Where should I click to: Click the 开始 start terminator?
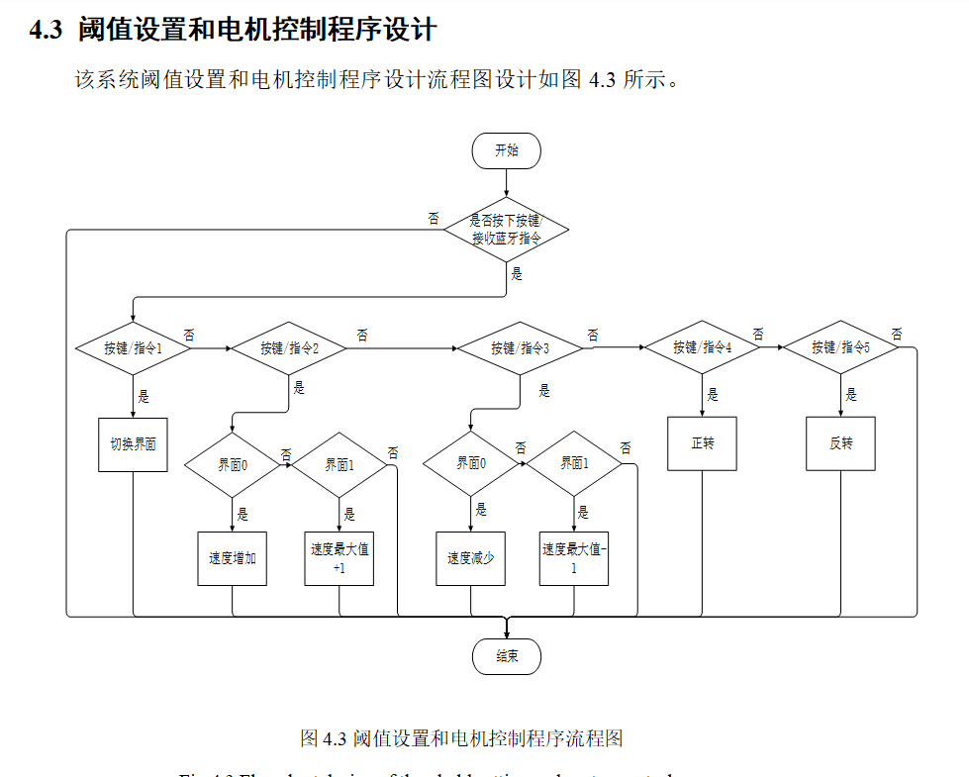pyautogui.click(x=506, y=150)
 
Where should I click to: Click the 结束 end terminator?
pyautogui.click(x=506, y=656)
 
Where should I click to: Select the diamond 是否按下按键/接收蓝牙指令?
pyautogui.click(x=506, y=230)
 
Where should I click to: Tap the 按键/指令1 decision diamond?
pyautogui.click(x=133, y=347)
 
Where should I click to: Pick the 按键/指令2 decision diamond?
pyautogui.click(x=289, y=347)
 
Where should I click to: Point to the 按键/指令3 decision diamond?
pyautogui.click(x=520, y=347)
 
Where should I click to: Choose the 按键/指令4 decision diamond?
pyautogui.click(x=702, y=347)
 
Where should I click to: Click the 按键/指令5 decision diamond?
pyautogui.click(x=840, y=347)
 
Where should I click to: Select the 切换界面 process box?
pyautogui.click(x=133, y=444)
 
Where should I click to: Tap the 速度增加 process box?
pyautogui.click(x=232, y=558)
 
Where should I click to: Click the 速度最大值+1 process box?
pyautogui.click(x=339, y=558)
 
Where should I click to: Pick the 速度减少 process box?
pyautogui.click(x=470, y=558)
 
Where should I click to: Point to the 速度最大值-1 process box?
pyautogui.click(x=574, y=558)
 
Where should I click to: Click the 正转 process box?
pyautogui.click(x=702, y=442)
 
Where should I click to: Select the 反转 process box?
pyautogui.click(x=840, y=442)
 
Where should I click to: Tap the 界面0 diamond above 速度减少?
pyautogui.click(x=470, y=463)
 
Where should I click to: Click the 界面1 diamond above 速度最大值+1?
pyautogui.click(x=339, y=463)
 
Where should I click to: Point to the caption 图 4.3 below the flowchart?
pyautogui.click(x=322, y=737)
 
